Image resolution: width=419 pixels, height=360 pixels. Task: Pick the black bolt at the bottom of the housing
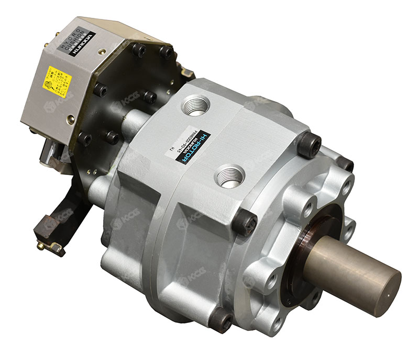[x=222, y=320]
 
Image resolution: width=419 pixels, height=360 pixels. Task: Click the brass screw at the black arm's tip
[x=41, y=245]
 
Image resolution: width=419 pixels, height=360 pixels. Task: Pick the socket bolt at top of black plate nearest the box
[x=138, y=50]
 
